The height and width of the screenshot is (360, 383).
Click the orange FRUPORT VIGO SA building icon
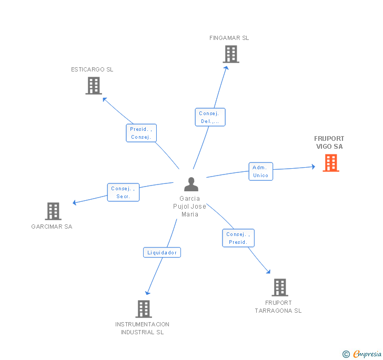pyautogui.click(x=330, y=163)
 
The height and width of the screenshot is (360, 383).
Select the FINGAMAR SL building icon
pyautogui.click(x=230, y=54)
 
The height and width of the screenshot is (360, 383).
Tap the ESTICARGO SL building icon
pyautogui.click(x=93, y=86)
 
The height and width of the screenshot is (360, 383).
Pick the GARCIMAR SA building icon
pyautogui.click(x=53, y=211)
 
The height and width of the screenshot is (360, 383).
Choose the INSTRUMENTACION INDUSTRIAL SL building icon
pyautogui.click(x=143, y=309)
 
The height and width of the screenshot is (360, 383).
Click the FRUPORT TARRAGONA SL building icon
pyautogui.click(x=280, y=287)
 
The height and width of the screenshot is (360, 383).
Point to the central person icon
pyautogui.click(x=191, y=184)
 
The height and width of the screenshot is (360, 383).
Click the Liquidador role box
pyautogui.click(x=162, y=253)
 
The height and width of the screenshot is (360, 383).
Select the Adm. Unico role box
pyautogui.click(x=261, y=171)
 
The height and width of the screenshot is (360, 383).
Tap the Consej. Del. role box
pyautogui.click(x=210, y=117)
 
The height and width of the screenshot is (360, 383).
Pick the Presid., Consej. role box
pyautogui.click(x=141, y=133)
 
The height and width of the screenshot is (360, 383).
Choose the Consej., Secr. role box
pyautogui.click(x=124, y=192)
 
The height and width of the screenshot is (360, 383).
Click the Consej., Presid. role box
pyautogui.click(x=238, y=238)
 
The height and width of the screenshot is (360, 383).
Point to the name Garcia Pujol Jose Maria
pyautogui.click(x=190, y=207)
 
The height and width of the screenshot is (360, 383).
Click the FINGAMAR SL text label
pyautogui.click(x=229, y=38)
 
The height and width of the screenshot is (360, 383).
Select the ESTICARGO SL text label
pyautogui.click(x=92, y=69)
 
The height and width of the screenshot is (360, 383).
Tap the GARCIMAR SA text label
pyautogui.click(x=52, y=227)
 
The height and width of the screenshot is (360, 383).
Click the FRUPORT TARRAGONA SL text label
pyautogui.click(x=278, y=307)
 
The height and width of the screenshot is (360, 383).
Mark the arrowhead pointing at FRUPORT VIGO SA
pyautogui.click(x=313, y=167)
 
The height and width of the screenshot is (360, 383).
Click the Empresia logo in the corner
pyautogui.click(x=362, y=354)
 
